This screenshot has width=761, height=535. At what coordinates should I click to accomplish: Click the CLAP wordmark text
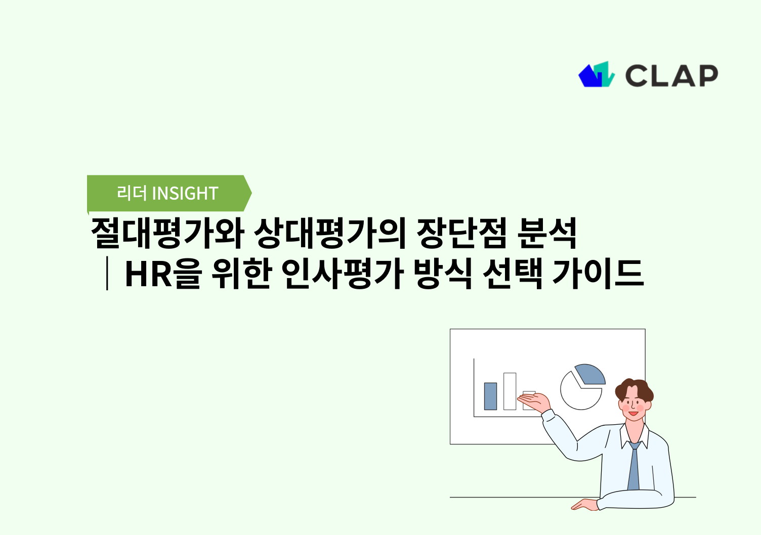[671, 76]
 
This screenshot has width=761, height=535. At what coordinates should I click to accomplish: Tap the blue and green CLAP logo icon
[596, 75]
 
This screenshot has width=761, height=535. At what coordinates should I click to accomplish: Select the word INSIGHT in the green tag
[185, 193]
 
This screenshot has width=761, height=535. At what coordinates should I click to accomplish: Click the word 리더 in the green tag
[131, 193]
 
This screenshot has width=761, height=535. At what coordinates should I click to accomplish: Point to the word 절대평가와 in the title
[167, 234]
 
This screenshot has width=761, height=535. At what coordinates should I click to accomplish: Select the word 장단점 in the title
[461, 234]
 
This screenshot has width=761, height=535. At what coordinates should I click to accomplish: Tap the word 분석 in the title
[547, 234]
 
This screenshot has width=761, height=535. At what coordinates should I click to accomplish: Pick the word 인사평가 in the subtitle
[342, 274]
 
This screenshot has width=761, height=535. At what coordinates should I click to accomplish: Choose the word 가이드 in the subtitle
[597, 274]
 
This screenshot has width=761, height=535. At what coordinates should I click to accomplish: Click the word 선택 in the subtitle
[512, 274]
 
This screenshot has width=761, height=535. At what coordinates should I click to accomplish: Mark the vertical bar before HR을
[107, 274]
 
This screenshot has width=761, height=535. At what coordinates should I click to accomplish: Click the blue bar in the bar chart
[490, 396]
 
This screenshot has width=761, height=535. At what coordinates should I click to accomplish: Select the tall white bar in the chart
[510, 391]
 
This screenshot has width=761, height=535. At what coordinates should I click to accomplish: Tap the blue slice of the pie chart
[590, 374]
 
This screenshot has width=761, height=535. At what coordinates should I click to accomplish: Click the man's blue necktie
[633, 468]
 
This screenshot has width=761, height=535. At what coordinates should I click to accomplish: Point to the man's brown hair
[635, 388]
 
